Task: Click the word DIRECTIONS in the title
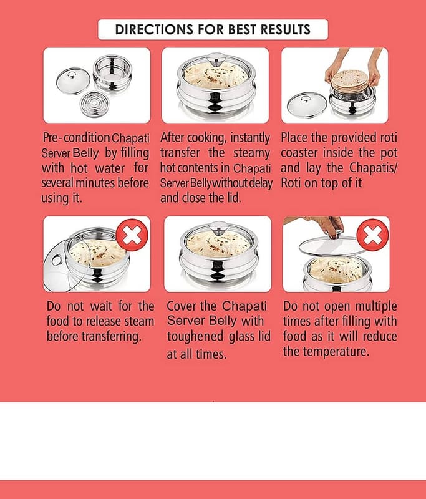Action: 153,29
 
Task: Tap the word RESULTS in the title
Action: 286,29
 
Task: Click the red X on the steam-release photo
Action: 132,235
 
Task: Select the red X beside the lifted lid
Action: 373,235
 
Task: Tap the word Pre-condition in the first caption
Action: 76,138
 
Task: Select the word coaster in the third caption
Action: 299,153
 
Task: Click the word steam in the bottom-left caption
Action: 139,321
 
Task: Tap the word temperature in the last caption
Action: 336,352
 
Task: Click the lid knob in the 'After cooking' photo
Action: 215,59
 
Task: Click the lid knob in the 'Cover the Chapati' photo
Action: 218,228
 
